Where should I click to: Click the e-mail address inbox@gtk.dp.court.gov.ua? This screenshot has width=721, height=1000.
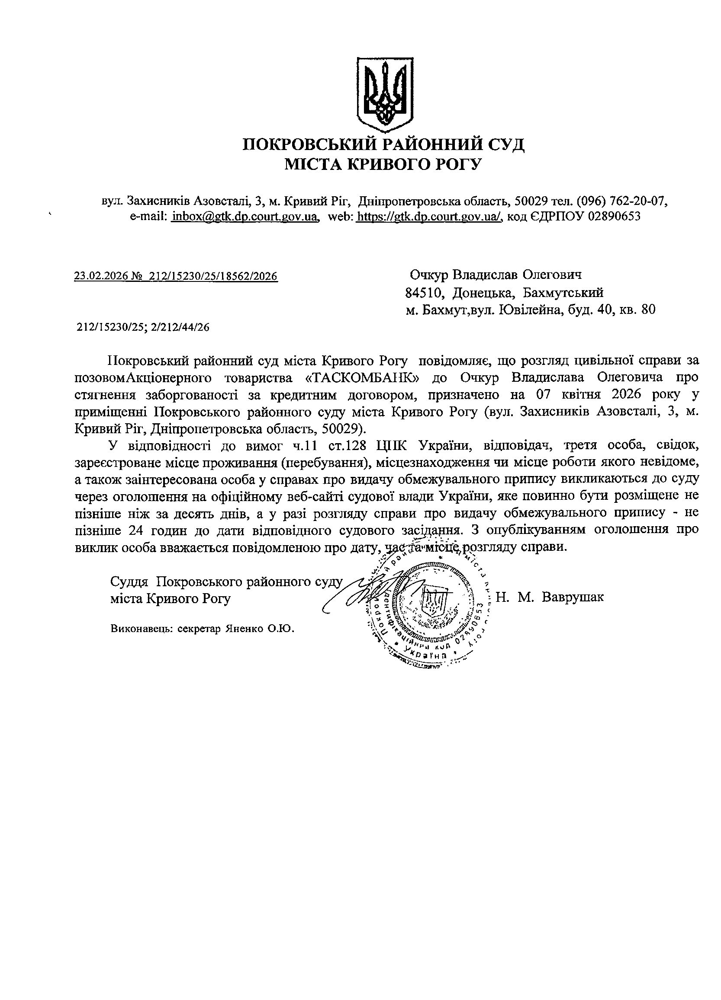pos(245,217)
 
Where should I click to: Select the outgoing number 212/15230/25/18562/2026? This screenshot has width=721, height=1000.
pos(214,276)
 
